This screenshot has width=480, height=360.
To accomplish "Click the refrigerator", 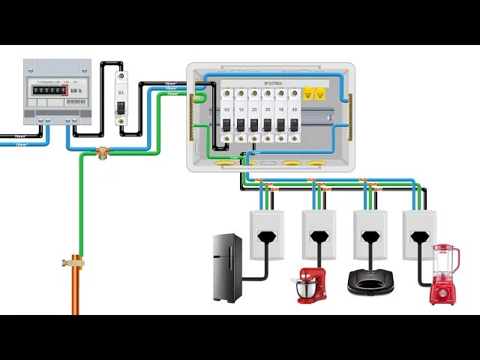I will [x=227, y=268].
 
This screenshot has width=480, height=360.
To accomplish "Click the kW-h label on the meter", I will [x=76, y=90].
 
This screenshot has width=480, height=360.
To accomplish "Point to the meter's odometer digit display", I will [x=47, y=90].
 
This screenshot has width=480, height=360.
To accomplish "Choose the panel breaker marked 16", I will [x=280, y=116].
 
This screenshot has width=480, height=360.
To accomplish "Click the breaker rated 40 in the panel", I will [x=294, y=116].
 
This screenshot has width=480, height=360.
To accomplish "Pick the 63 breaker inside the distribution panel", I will [x=226, y=116].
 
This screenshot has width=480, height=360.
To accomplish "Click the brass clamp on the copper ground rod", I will [x=75, y=262].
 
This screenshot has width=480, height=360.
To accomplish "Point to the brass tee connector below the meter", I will [x=102, y=152].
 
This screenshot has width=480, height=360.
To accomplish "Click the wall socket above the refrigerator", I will [x=267, y=235].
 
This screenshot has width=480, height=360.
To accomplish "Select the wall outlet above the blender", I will [x=419, y=235].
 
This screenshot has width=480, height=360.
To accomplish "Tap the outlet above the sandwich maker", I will [x=369, y=235].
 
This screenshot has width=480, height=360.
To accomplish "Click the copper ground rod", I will [x=75, y=292].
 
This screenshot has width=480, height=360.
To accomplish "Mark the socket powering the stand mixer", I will [x=319, y=235].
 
